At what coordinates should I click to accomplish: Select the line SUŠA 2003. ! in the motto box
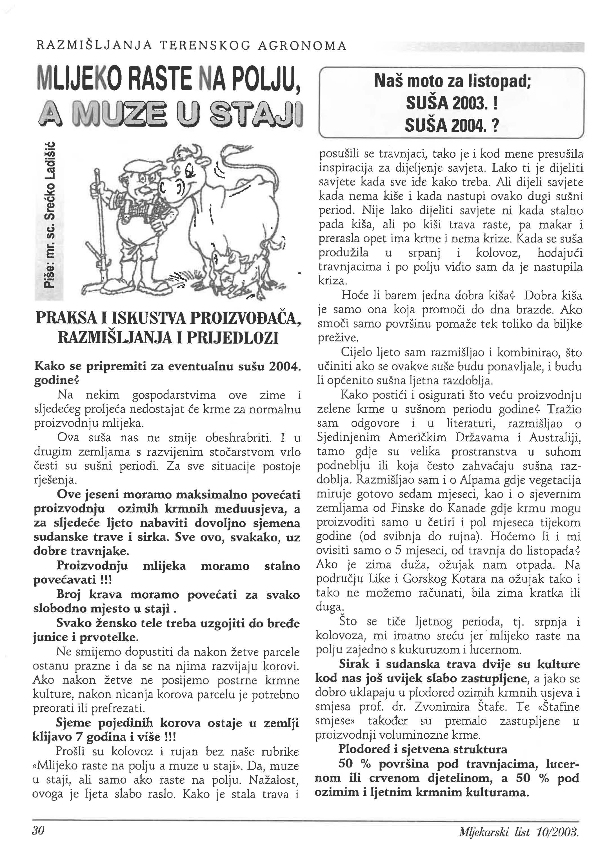coord(452,104)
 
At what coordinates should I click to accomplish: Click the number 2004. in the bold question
coord(284,366)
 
